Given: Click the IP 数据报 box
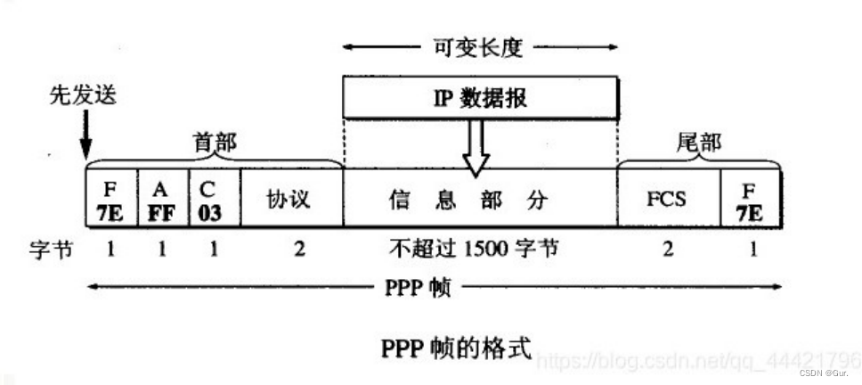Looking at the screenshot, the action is (481, 98).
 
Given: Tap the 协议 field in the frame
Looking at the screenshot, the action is (291, 198).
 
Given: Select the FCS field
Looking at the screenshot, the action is (669, 198).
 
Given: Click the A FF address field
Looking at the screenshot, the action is (163, 198).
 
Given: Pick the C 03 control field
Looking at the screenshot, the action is (215, 198).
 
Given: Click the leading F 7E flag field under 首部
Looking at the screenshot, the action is (111, 198).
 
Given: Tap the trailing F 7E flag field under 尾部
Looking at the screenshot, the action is (751, 198).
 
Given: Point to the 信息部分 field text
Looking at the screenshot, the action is (469, 201).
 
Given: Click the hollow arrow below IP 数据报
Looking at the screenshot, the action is (476, 147).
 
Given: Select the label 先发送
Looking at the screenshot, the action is (83, 95).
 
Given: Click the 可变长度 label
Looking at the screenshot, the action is (480, 48).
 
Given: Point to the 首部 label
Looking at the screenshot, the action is (215, 143).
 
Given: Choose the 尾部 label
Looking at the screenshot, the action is (698, 143).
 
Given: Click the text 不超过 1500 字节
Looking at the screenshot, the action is (474, 250).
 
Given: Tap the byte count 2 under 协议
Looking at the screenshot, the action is (299, 250).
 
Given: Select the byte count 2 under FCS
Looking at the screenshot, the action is (668, 250).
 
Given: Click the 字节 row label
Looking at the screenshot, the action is (51, 250).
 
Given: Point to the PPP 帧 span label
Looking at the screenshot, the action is (418, 287).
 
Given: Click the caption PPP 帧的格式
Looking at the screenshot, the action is (456, 348).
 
